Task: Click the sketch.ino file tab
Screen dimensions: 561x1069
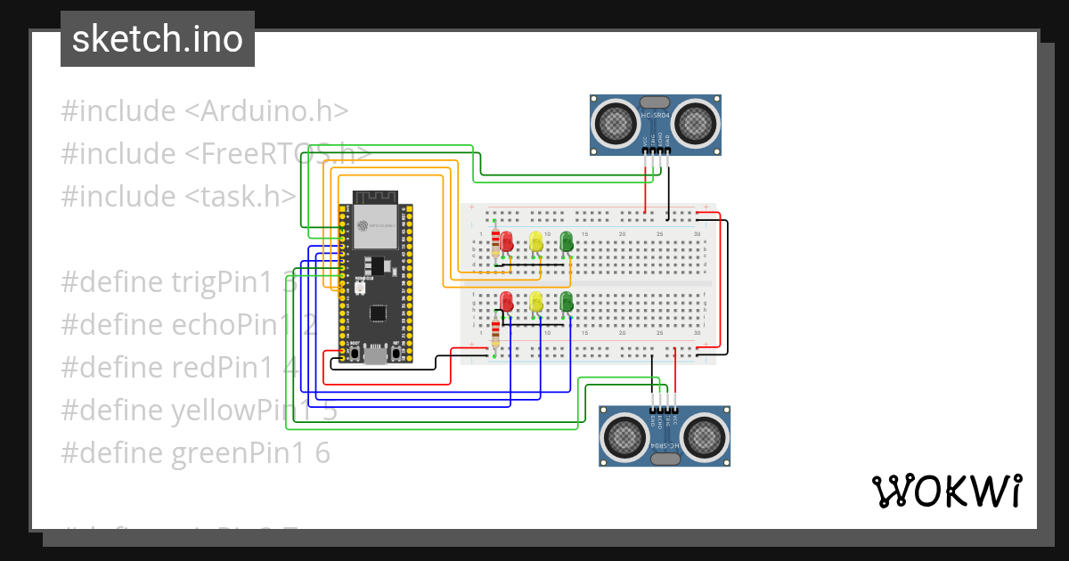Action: point(157,39)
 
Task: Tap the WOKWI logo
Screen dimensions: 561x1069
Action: point(945,492)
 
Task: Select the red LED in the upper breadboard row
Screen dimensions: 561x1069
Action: point(507,241)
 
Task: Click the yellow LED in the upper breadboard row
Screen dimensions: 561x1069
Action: point(536,241)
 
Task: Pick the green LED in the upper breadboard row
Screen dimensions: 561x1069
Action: point(567,241)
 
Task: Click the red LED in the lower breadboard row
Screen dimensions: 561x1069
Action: point(507,301)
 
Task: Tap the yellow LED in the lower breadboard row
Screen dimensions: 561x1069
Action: point(536,301)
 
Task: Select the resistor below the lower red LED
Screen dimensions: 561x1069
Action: point(495,335)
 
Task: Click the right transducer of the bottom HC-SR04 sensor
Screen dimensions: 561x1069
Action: point(705,435)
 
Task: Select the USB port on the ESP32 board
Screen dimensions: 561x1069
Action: point(375,356)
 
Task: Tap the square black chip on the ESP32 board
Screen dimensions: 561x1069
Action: point(378,313)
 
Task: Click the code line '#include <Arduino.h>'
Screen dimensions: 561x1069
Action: point(204,111)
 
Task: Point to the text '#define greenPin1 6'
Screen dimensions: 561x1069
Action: point(195,453)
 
